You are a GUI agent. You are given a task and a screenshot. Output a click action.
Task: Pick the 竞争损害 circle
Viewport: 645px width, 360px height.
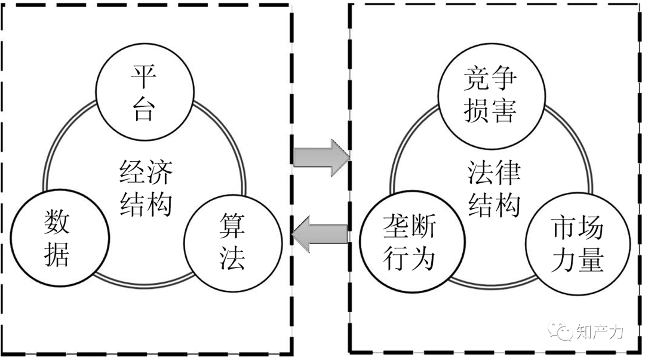click(x=490, y=94)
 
